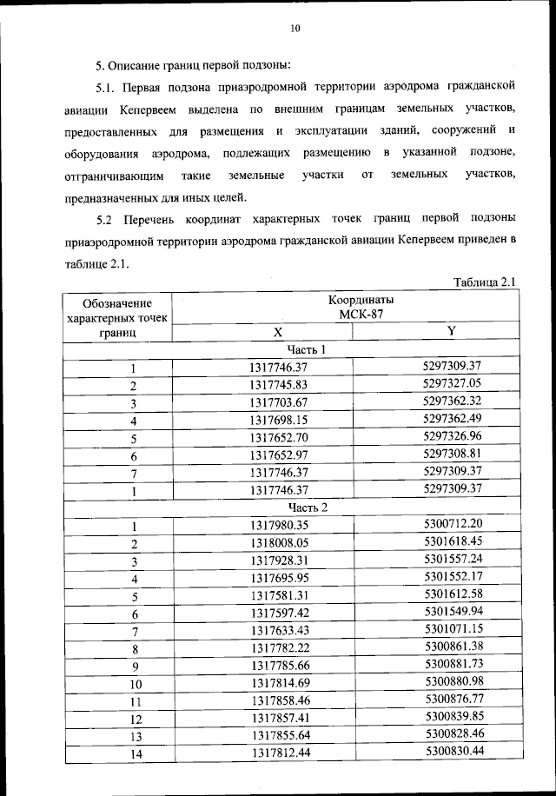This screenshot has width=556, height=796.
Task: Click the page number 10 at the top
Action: [x=295, y=29]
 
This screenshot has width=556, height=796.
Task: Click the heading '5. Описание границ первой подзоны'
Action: [x=193, y=65]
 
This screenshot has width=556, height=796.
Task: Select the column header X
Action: [x=278, y=333]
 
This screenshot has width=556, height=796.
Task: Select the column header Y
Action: [x=452, y=331]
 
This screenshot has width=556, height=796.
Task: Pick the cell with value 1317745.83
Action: [x=278, y=385]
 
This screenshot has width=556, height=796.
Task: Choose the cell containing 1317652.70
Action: [x=278, y=437]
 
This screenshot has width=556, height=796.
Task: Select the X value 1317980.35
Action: [x=279, y=525]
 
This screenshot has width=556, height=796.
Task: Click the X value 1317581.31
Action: [x=279, y=594]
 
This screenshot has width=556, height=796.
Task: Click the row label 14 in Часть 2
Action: [x=135, y=753]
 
